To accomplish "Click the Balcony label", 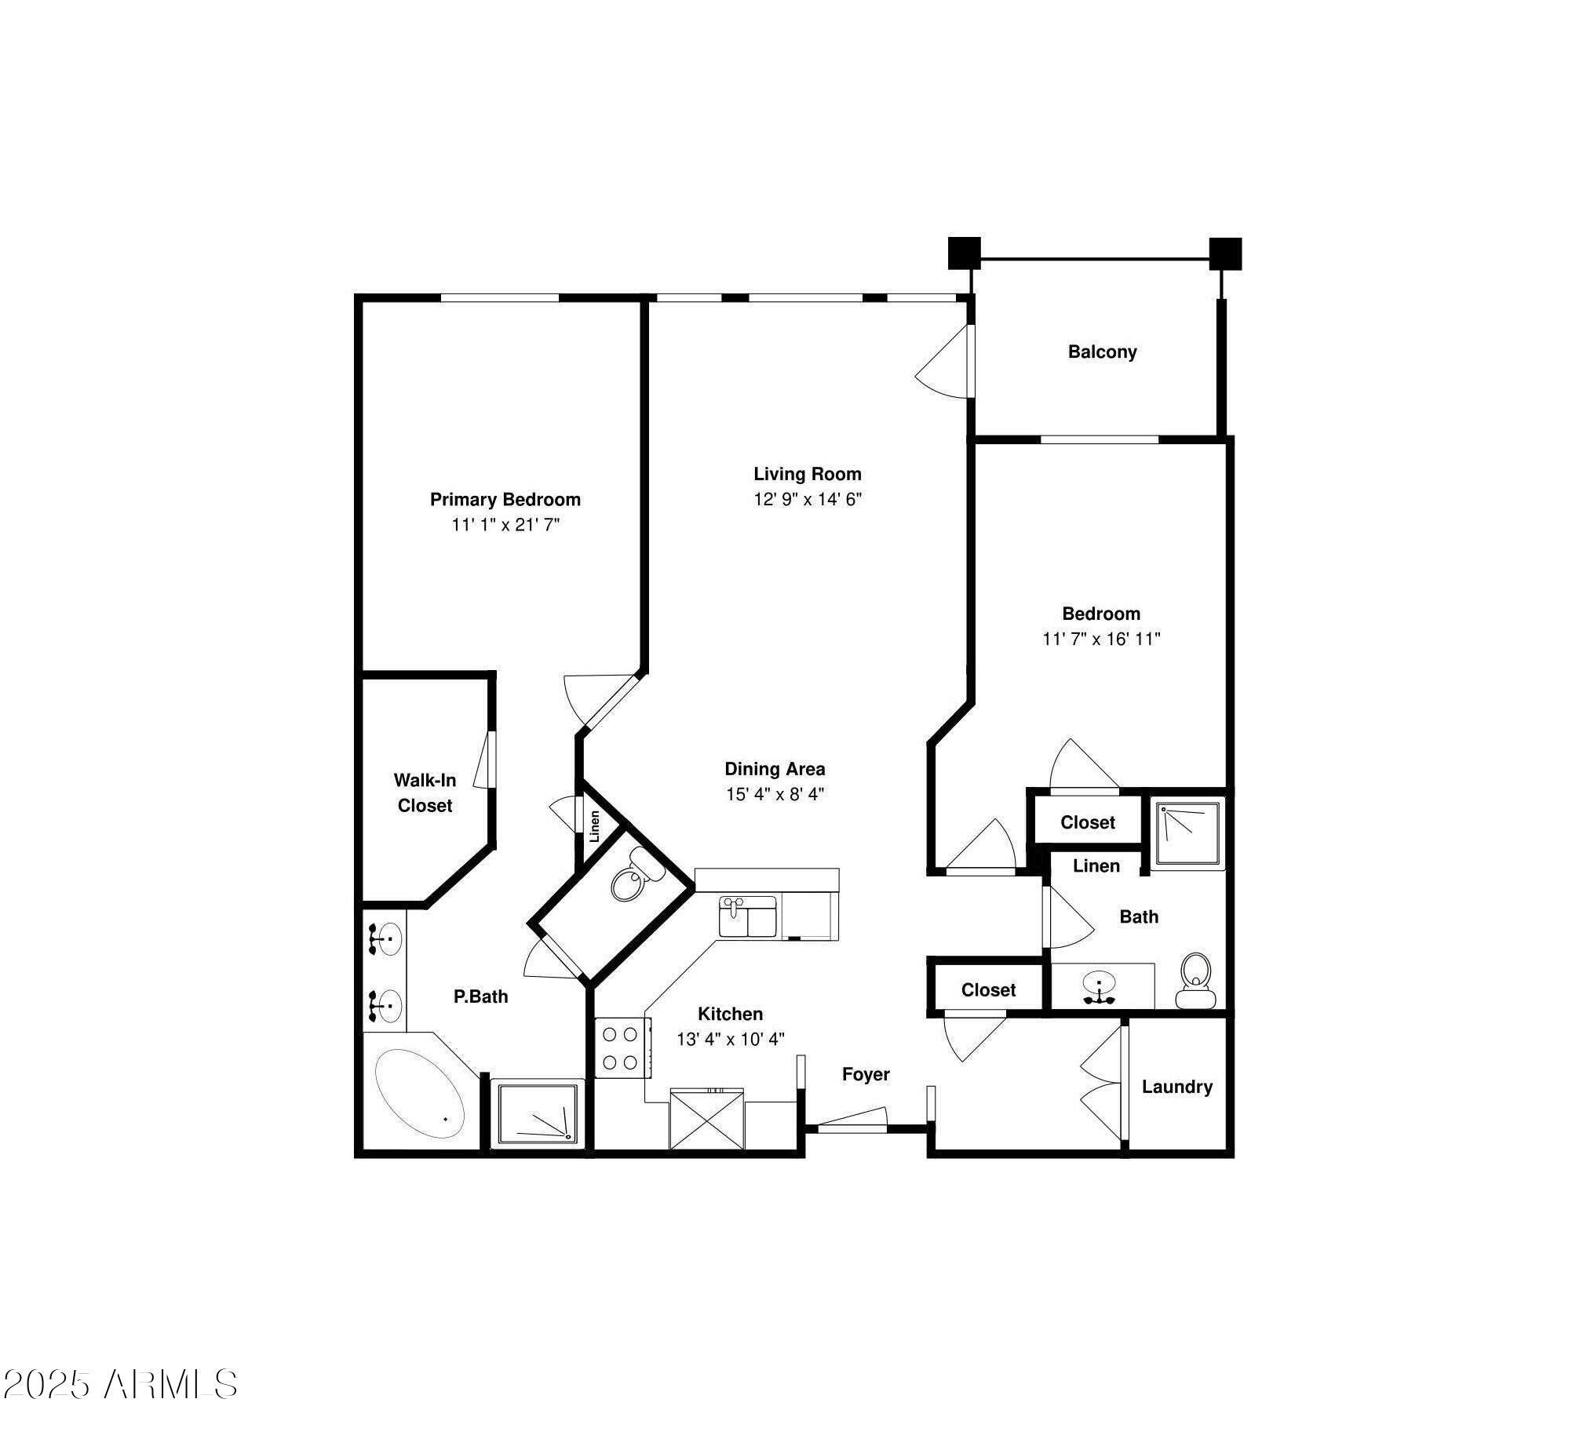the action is pos(1102,352).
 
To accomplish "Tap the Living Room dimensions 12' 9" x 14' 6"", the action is pos(808,499).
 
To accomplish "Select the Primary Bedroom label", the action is pos(505,500).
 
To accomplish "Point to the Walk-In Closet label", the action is pos(425,793).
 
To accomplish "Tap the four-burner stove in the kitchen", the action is pos(622,1047).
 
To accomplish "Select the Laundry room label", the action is pos(1176,1087).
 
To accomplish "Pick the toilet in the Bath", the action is pos(1195,980).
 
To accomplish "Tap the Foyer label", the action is pos(866,1074).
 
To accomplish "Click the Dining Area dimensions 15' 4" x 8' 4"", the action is pos(775,794).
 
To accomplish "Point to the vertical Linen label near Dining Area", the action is pos(595,826).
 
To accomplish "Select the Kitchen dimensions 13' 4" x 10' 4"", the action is pos(730,1039).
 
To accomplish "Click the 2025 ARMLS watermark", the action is pos(120,1384).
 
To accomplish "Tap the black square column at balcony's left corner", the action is pos(965,253).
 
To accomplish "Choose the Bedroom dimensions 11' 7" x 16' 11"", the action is pos(1101,639).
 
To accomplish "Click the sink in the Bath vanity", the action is pos(1099,985).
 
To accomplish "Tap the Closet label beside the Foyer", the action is pos(988,990).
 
